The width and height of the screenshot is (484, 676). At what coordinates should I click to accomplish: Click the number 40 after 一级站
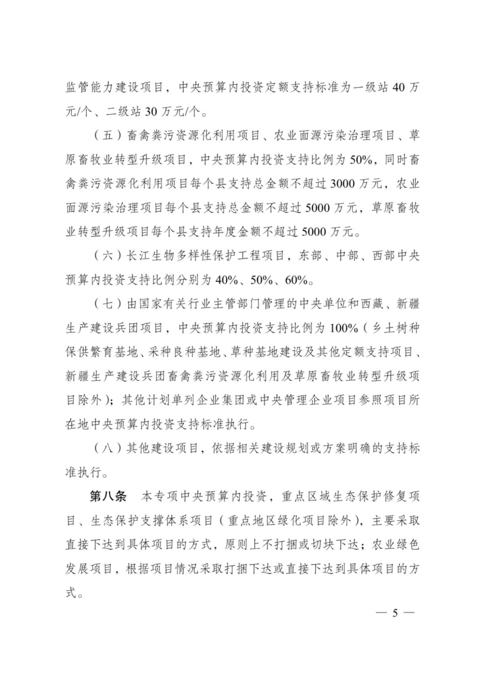click(398, 87)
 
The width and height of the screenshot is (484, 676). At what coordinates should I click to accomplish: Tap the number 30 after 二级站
click(151, 111)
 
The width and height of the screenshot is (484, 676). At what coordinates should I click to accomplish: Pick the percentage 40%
click(226, 281)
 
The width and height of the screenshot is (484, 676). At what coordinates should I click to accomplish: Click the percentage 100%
click(344, 329)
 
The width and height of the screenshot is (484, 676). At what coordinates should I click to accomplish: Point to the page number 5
click(394, 613)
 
